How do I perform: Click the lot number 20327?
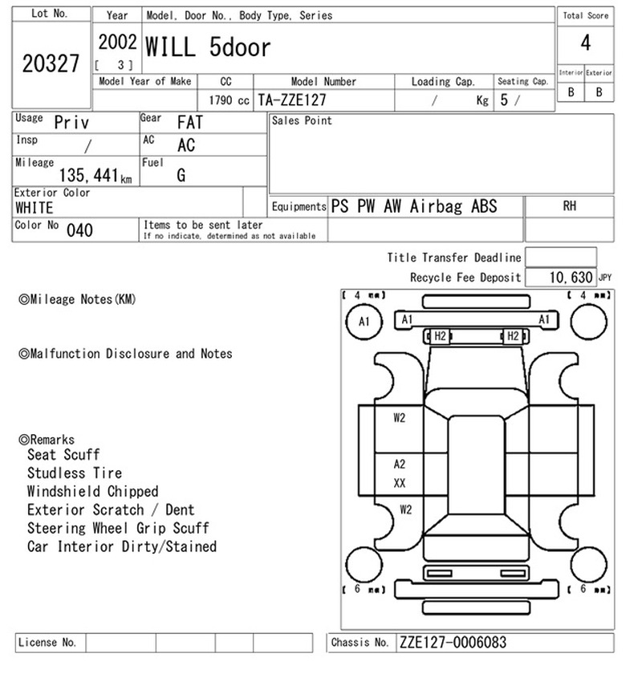pos(51,63)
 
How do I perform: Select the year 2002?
pos(117,43)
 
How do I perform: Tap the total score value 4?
pos(586,43)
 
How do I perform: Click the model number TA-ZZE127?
pos(292,100)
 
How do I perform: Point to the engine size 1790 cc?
pos(229,100)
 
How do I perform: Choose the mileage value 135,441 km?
pos(95,175)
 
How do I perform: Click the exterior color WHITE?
pos(35,208)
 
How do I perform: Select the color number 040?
pos(79,230)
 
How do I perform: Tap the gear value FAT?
pos(190,122)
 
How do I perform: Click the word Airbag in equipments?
pos(436,206)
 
